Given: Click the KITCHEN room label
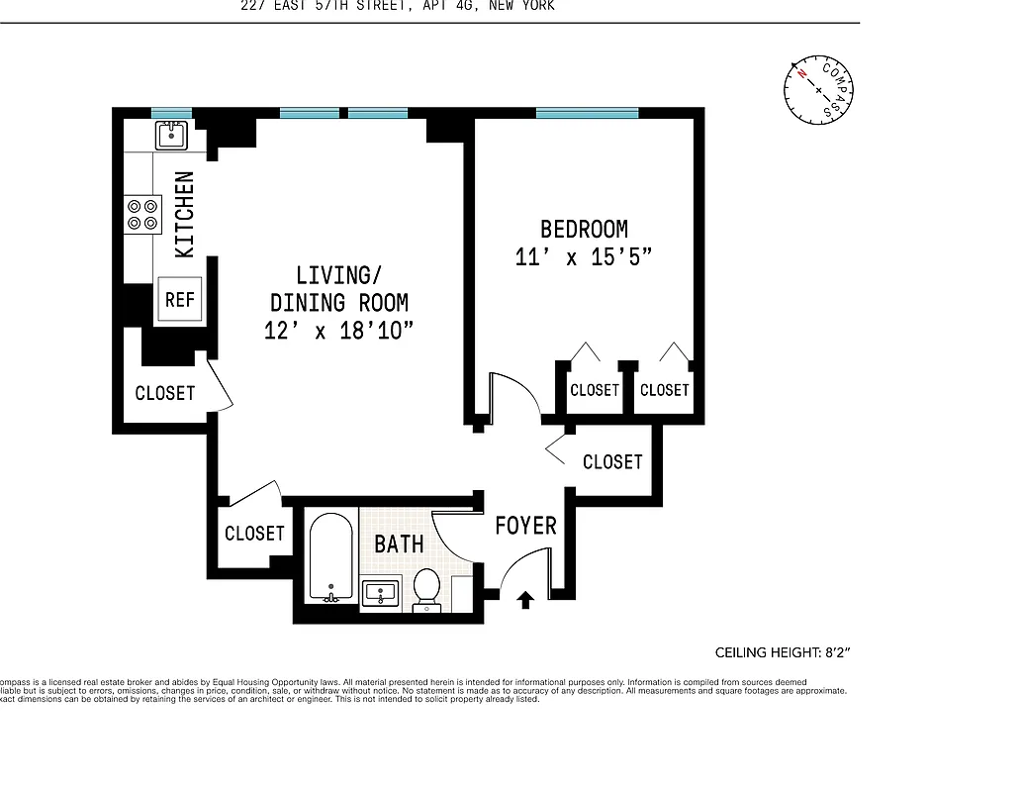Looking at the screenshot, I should [x=184, y=215].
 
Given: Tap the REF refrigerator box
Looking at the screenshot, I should [x=180, y=299].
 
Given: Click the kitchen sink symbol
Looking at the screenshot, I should [x=171, y=135].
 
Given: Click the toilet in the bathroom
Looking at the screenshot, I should [x=427, y=586].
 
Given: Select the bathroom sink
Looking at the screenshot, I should [x=380, y=593].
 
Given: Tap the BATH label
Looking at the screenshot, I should [x=399, y=544].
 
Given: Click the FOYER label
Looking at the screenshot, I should [x=525, y=526].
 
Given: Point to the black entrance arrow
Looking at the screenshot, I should [x=525, y=599].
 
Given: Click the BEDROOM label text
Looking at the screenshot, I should [x=584, y=230].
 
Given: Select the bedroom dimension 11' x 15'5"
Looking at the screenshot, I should [x=584, y=257].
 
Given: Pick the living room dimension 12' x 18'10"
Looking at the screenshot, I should [x=338, y=332].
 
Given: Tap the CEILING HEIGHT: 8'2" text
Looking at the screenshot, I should [x=783, y=652].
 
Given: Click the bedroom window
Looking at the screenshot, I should [x=587, y=113].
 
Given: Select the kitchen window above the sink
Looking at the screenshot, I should [x=171, y=113].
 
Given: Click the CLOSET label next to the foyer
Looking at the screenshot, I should [x=612, y=462].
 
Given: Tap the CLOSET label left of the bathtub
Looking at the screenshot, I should [x=254, y=534].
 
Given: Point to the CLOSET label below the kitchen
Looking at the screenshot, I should [x=165, y=393].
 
